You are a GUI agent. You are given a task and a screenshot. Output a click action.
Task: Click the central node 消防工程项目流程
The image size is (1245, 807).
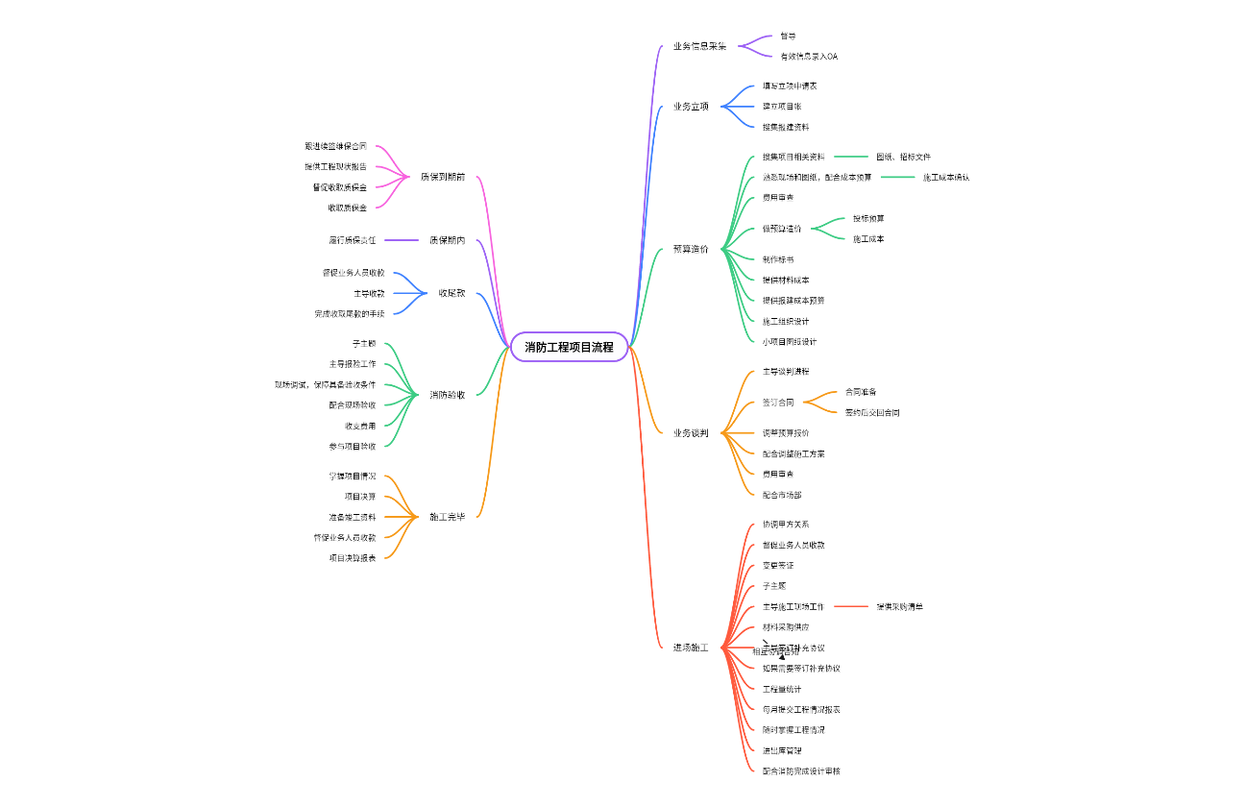tap(569, 347)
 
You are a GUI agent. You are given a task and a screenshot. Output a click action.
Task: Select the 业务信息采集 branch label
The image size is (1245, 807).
tap(699, 46)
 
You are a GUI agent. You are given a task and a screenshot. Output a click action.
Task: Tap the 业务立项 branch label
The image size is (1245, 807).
tap(691, 107)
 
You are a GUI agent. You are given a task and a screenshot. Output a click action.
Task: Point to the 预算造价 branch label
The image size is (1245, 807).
tap(691, 249)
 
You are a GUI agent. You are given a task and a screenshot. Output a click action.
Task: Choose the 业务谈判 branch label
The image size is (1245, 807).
tap(691, 433)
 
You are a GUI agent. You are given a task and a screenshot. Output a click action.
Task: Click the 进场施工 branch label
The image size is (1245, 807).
tap(691, 648)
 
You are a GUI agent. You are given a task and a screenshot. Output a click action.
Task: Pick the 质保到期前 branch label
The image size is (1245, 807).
tap(443, 177)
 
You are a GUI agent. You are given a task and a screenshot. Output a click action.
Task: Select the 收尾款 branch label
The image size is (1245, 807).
tap(452, 293)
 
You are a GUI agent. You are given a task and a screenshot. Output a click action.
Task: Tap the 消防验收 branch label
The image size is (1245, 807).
tap(448, 395)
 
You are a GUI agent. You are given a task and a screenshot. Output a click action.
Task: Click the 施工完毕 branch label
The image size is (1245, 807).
tap(448, 517)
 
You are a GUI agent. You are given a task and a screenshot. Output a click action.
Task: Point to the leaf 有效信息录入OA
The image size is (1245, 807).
tap(809, 57)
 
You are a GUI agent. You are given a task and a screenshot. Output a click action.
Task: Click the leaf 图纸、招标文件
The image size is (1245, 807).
tap(903, 157)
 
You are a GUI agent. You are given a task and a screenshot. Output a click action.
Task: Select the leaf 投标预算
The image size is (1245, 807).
tap(868, 219)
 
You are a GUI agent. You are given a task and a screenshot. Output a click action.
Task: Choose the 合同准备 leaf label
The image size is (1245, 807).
tap(861, 392)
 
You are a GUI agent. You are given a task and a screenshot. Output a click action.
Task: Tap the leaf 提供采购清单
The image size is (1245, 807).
tap(899, 606)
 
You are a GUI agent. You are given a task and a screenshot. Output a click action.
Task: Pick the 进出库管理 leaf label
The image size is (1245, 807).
tap(782, 750)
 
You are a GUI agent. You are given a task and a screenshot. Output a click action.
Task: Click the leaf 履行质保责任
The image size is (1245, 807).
tap(353, 240)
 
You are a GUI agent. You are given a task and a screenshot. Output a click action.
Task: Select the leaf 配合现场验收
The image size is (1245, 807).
tap(353, 405)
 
